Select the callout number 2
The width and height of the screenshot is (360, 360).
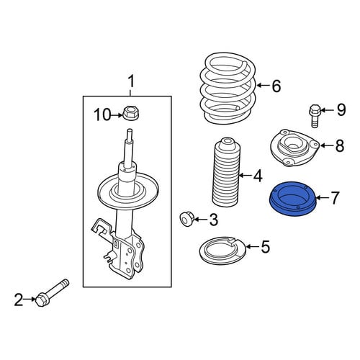pyautogui.click(x=19, y=300)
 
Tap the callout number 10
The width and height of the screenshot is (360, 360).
pyautogui.click(x=102, y=114)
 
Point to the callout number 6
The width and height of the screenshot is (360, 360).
pyautogui.click(x=276, y=86)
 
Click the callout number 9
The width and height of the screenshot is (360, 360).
pyautogui.click(x=341, y=110)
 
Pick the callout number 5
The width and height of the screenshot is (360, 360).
pyautogui.click(x=265, y=247)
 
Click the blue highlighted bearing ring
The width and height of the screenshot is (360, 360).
pyautogui.click(x=293, y=199)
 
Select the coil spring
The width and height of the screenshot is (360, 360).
pyautogui.click(x=228, y=89)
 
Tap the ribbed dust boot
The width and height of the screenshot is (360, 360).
pyautogui.click(x=227, y=172)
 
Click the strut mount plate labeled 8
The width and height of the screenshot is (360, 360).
pyautogui.click(x=294, y=148)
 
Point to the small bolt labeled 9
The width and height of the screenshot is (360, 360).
pyautogui.click(x=315, y=116)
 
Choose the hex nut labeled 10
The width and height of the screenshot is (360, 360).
pyautogui.click(x=131, y=113)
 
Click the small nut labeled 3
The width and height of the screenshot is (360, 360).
pyautogui.click(x=186, y=219)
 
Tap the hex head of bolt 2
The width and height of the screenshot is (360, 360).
pyautogui.click(x=40, y=300)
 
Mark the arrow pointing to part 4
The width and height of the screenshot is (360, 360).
pyautogui.click(x=246, y=176)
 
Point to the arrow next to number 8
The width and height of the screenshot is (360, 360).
pyautogui.click(x=327, y=145)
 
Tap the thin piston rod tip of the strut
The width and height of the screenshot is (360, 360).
pyautogui.click(x=130, y=135)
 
